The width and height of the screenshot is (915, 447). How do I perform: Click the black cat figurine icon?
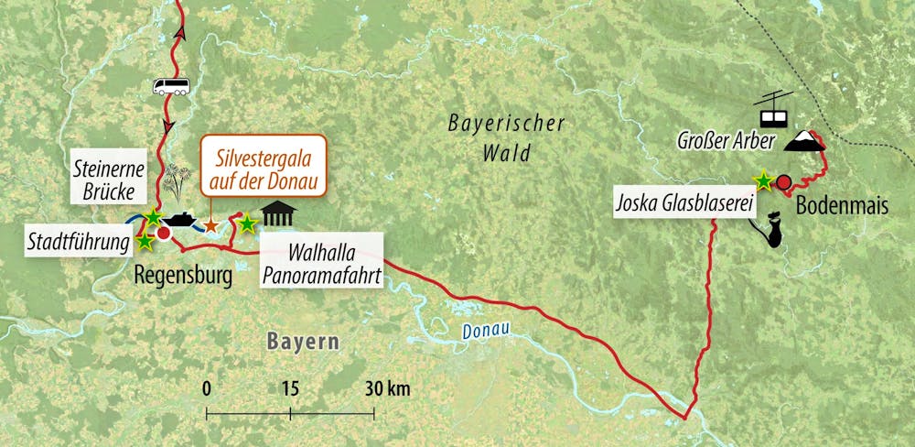pyautogui.click(x=773, y=232)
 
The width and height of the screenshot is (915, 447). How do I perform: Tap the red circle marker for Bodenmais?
pyautogui.click(x=784, y=181)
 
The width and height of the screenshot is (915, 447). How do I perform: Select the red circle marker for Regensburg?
pyautogui.click(x=164, y=234)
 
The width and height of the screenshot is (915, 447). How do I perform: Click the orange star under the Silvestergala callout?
pyautogui.click(x=210, y=225)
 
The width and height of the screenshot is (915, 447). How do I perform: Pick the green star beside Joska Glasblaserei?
pyautogui.click(x=760, y=180)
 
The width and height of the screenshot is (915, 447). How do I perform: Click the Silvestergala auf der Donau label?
pyautogui.click(x=264, y=171)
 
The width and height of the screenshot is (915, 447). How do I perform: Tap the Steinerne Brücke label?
pyautogui.click(x=107, y=180)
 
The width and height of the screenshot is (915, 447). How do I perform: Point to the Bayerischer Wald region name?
pyautogui.click(x=507, y=138)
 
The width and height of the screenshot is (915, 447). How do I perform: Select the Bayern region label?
pyautogui.click(x=303, y=342)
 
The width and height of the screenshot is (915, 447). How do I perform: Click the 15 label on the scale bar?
pyautogui.click(x=291, y=388)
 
